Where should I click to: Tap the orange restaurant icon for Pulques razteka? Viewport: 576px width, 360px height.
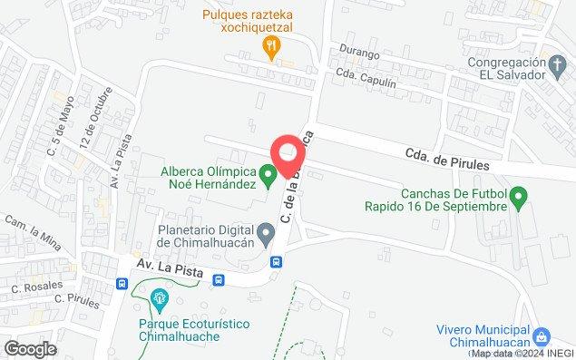point(269,46)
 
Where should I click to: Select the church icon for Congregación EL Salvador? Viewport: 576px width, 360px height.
point(561,63)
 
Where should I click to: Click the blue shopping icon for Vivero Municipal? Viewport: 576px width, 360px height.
point(541,335)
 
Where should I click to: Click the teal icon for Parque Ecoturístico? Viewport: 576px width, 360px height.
point(160,297)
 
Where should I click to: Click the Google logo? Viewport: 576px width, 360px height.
point(30,349)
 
